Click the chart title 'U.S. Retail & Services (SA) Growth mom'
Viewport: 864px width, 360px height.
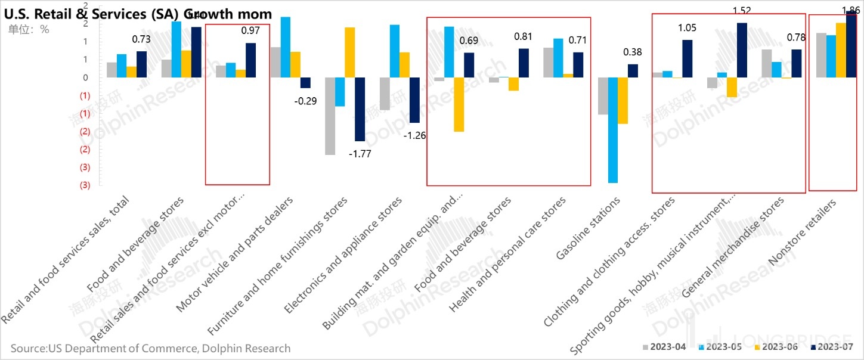(138, 14)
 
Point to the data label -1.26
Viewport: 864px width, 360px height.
(415, 135)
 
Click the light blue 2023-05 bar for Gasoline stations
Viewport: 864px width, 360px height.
(613, 130)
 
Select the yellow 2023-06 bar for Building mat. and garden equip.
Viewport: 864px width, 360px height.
(459, 104)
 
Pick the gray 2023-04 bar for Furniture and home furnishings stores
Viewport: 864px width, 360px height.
(330, 116)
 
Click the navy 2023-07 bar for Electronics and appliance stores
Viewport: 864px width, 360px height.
(414, 100)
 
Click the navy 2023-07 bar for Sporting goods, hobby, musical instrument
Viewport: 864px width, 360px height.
(742, 50)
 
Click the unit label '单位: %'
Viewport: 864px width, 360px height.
(29, 29)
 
